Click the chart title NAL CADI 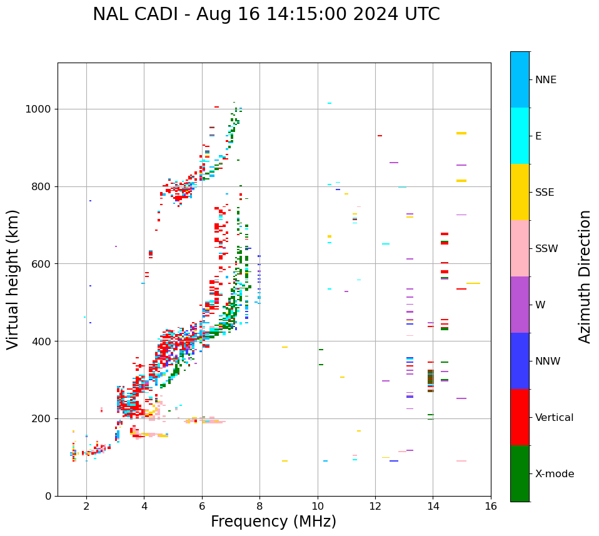tap(266, 14)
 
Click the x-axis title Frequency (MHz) tap(273, 522)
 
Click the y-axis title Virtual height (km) tap(14, 280)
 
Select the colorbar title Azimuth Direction tap(585, 276)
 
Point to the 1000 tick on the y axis tap(41, 109)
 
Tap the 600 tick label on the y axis tap(44, 264)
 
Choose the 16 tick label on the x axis tap(491, 506)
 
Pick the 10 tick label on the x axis tap(318, 506)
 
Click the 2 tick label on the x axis tap(86, 506)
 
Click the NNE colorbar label tap(546, 80)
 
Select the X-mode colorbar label tap(555, 474)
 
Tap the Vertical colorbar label tap(554, 418)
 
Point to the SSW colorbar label tap(546, 249)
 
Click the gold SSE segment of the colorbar tap(520, 192)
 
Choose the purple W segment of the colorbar tap(520, 305)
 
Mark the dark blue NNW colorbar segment tap(520, 361)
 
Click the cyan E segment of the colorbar tap(520, 136)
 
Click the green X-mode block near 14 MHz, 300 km tap(430, 377)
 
